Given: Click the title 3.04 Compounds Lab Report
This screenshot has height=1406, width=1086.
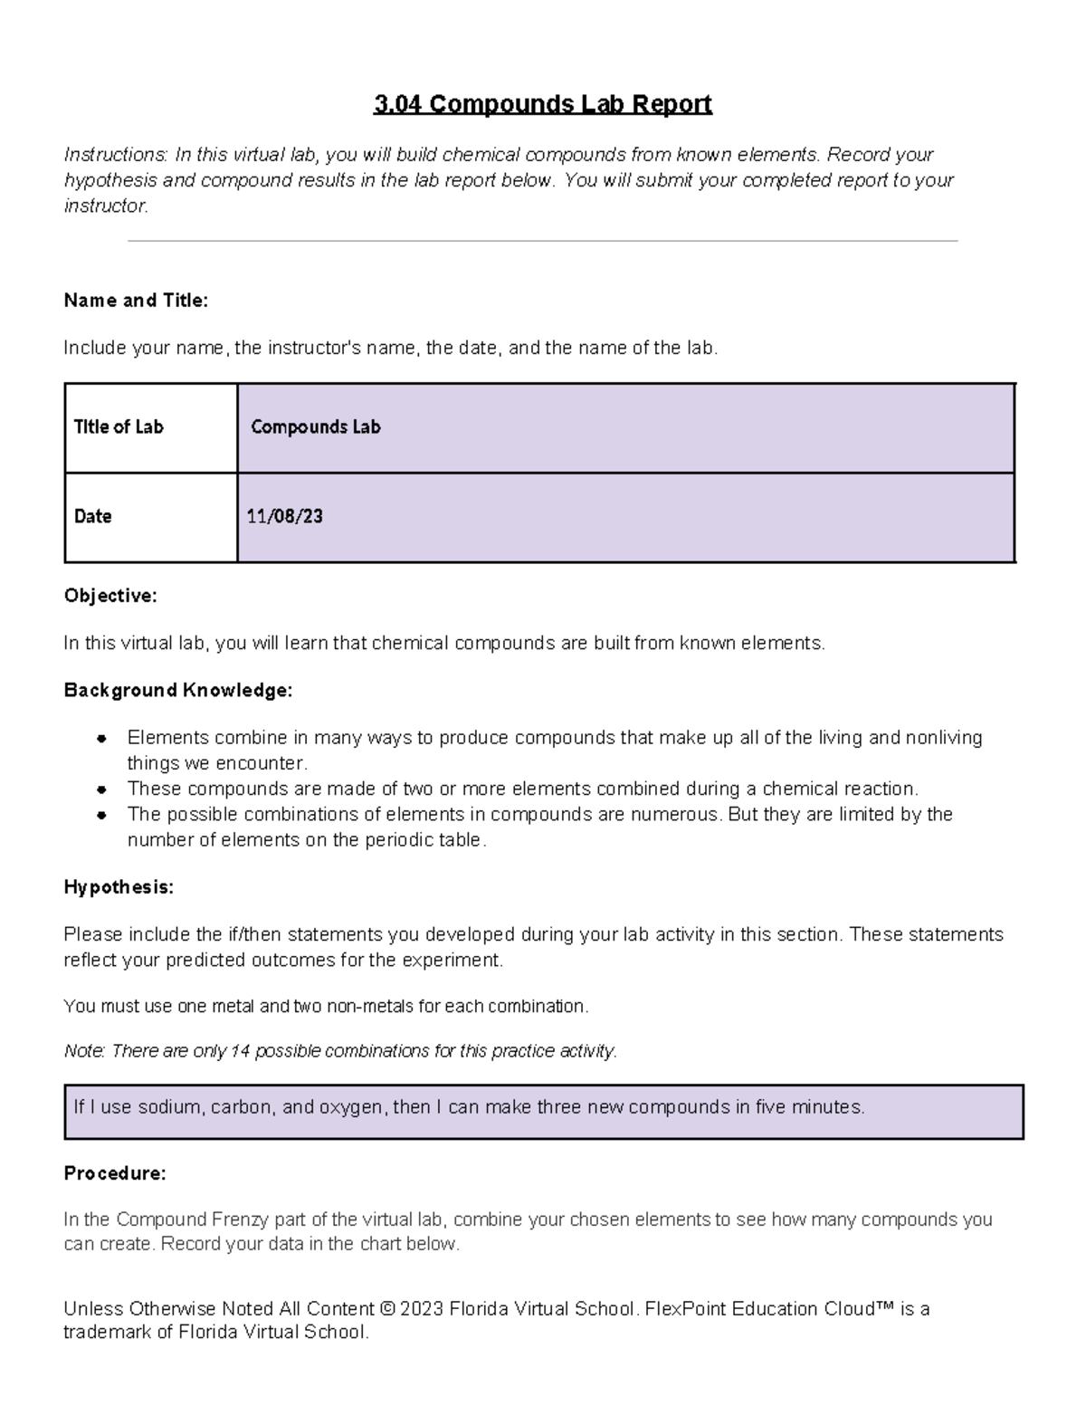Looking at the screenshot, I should tap(543, 105).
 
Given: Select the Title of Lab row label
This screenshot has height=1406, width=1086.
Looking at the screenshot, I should tap(119, 427).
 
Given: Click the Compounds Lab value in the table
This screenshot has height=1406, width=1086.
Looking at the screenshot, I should tap(315, 427).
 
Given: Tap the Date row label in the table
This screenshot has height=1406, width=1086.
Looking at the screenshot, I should tap(92, 517).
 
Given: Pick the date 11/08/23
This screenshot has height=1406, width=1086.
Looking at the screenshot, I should tap(284, 517).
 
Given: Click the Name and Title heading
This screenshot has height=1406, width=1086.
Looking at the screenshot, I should tap(136, 301).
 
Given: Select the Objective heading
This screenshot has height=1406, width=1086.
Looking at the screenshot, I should tap(110, 596).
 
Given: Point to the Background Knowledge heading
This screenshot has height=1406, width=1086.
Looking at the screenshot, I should tap(178, 690).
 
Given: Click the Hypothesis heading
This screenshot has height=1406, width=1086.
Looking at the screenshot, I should tap(119, 887).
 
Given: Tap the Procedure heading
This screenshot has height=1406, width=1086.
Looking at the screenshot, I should tap(115, 1173).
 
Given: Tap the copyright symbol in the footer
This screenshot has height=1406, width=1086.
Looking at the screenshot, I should tap(387, 1309).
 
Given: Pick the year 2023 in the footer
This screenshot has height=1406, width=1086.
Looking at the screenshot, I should tap(422, 1309).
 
